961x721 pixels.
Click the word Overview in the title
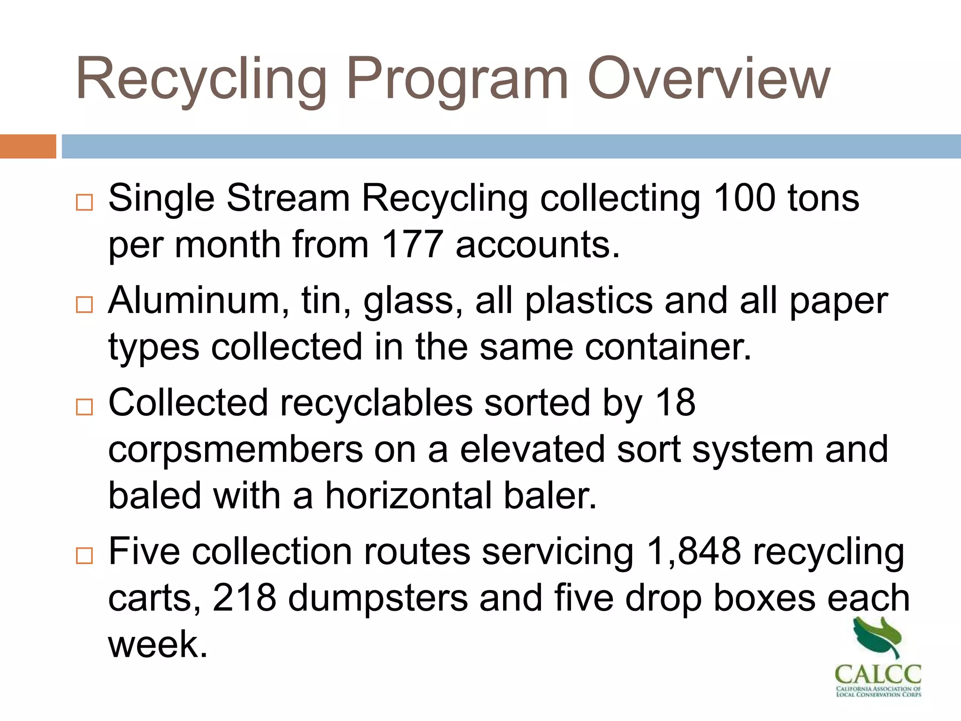click(709, 79)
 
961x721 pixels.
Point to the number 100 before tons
click(744, 198)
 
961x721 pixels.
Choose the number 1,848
click(694, 551)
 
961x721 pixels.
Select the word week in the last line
click(158, 644)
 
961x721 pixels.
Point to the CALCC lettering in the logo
click(878, 675)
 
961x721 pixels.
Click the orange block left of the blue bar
click(28, 146)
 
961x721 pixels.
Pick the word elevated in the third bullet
click(533, 450)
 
